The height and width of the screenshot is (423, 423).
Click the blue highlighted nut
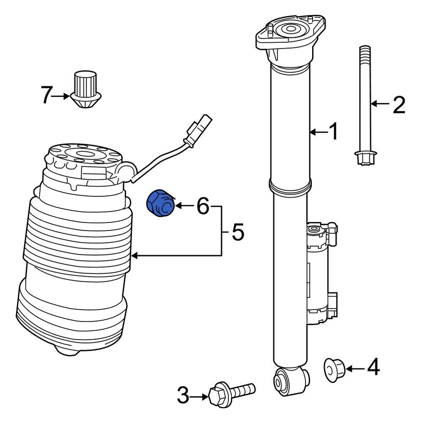click(x=160, y=203)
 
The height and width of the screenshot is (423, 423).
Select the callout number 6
click(x=202, y=206)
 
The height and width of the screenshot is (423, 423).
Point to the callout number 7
click(x=47, y=95)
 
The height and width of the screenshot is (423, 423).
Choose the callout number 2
click(x=398, y=104)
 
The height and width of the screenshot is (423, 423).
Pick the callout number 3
click(x=183, y=396)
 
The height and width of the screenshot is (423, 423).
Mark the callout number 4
click(x=373, y=367)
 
